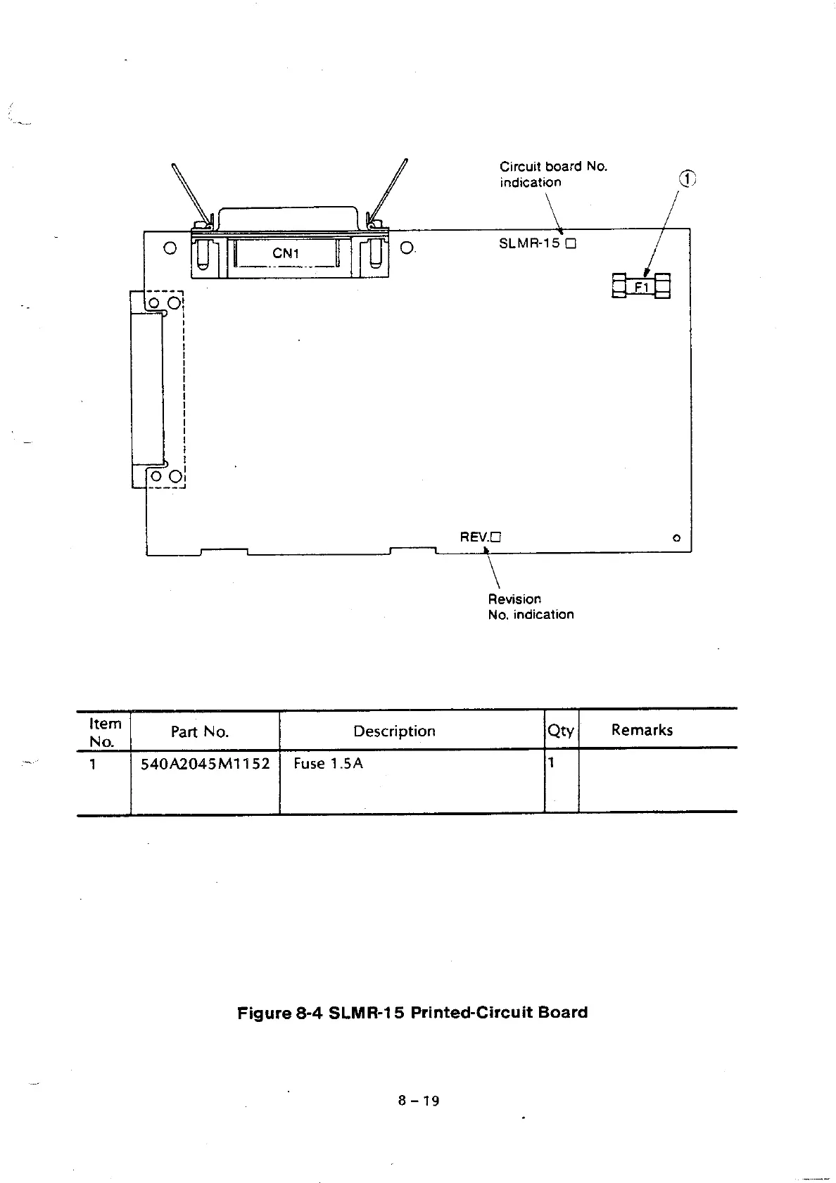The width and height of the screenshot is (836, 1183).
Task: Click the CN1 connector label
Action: click(286, 254)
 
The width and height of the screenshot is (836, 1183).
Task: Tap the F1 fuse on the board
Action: click(641, 286)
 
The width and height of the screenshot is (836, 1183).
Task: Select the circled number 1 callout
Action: click(687, 179)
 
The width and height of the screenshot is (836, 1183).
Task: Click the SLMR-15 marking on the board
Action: click(529, 244)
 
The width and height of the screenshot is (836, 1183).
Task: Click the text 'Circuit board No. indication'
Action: click(552, 174)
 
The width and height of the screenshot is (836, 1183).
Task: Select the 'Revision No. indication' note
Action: click(531, 607)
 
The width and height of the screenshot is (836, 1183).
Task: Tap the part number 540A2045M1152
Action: click(205, 764)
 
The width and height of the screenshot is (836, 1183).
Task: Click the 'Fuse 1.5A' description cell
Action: click(328, 764)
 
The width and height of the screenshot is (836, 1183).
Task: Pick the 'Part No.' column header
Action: click(200, 732)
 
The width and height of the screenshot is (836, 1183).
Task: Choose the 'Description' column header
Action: click(394, 731)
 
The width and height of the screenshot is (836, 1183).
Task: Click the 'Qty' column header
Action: click(561, 731)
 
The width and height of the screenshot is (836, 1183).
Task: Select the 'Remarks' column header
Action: click(642, 730)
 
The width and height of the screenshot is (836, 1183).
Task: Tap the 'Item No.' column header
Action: click(105, 732)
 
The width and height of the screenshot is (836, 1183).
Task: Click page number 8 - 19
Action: click(418, 1101)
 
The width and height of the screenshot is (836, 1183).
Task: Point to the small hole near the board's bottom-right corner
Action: click(676, 538)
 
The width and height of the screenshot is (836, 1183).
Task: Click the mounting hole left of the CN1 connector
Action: click(169, 248)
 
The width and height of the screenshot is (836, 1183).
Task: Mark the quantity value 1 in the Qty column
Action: click(552, 762)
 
